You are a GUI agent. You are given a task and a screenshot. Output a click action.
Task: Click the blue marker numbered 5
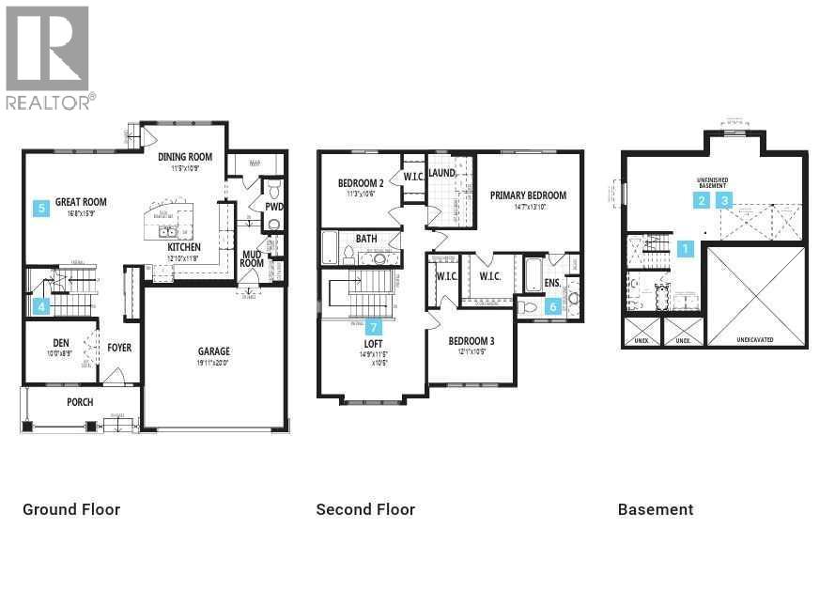tap(41, 209)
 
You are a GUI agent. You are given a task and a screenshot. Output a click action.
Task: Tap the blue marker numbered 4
tap(41, 305)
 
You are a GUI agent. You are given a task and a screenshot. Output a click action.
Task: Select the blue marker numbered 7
tap(374, 327)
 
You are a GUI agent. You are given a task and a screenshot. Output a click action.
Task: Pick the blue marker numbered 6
tap(553, 305)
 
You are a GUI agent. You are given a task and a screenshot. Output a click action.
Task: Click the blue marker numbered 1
tap(686, 249)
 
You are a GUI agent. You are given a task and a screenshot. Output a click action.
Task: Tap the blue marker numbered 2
tap(702, 200)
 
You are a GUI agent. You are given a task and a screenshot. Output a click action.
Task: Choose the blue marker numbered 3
tap(724, 200)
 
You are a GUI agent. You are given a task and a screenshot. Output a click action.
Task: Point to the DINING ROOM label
tap(185, 157)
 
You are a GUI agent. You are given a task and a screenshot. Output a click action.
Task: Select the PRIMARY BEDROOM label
tap(528, 195)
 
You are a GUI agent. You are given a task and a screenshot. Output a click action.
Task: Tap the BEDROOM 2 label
tap(361, 183)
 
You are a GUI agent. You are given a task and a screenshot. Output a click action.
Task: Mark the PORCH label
tap(80, 402)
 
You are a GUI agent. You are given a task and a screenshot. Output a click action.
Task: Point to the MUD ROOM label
tap(252, 258)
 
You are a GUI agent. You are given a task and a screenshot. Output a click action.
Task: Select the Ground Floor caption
tap(71, 509)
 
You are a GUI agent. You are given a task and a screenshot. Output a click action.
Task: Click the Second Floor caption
tap(365, 509)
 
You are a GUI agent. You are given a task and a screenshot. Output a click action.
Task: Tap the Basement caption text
tap(656, 509)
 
